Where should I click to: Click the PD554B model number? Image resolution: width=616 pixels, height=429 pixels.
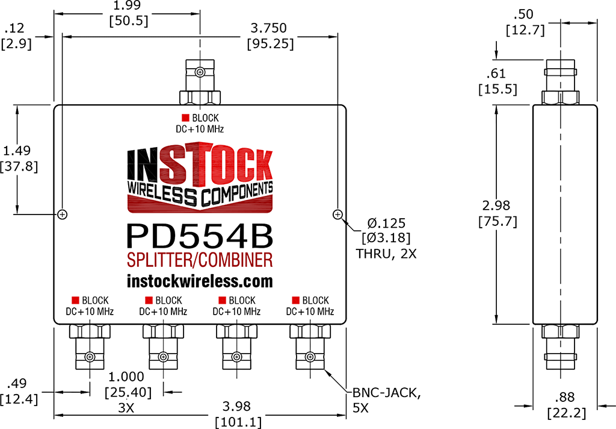click(200, 236)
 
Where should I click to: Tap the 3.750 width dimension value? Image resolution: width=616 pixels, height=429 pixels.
click(269, 28)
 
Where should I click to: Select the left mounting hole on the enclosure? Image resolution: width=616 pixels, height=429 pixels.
click(62, 214)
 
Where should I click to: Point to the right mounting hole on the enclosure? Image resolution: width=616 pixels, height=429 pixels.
click(337, 214)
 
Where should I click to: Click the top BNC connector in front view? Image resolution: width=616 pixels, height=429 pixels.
click(200, 81)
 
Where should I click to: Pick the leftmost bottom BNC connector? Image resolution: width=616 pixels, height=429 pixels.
click(90, 346)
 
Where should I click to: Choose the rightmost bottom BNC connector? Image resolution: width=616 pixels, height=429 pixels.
click(310, 346)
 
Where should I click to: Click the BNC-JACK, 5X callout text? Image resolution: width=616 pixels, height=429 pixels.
click(386, 400)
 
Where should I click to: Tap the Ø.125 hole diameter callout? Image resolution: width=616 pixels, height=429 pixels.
click(386, 223)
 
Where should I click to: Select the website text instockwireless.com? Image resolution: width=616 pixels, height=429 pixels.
click(200, 281)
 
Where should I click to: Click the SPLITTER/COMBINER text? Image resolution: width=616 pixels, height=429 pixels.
click(200, 260)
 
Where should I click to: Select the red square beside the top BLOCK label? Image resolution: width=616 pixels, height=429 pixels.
click(185, 117)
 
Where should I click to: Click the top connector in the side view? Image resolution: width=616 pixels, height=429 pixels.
click(560, 82)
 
